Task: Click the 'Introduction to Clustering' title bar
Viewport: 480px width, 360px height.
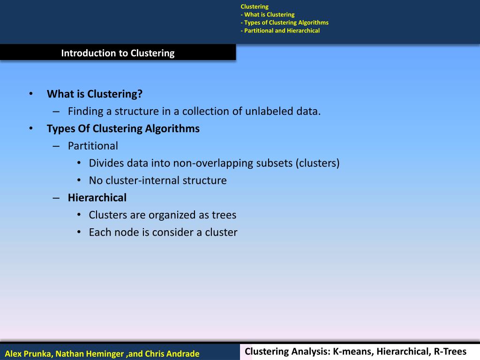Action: [118, 53]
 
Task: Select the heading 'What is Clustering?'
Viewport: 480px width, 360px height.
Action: [94, 94]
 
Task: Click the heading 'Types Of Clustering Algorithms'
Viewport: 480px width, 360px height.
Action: [123, 128]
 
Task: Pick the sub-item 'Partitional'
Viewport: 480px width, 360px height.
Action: [93, 146]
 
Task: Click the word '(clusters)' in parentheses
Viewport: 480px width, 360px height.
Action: [318, 163]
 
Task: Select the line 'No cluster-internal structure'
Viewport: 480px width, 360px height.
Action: [157, 180]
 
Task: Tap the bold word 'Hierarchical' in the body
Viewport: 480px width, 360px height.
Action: [97, 198]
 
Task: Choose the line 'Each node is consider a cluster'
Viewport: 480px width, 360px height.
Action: [163, 232]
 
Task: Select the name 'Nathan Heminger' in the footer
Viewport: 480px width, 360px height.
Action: [90, 353]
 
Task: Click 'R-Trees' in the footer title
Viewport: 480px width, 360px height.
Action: [450, 352]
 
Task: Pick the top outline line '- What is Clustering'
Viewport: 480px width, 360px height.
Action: [267, 15]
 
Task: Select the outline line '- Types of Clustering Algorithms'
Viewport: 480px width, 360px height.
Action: [284, 22]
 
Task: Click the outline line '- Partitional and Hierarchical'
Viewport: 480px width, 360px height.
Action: [280, 30]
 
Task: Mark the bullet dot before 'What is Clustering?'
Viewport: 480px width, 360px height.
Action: [30, 94]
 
